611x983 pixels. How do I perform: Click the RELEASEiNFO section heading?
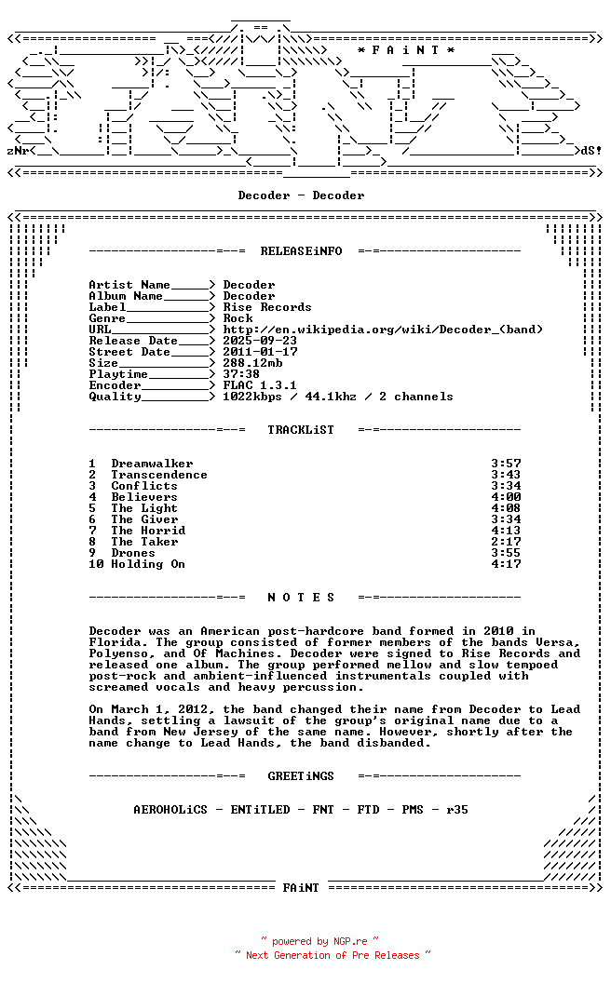tap(301, 251)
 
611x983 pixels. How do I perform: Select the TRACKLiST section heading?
tap(301, 430)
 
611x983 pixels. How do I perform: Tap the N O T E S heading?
tap(301, 598)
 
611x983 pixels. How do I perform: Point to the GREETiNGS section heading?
tap(301, 776)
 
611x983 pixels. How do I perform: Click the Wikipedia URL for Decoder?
tap(383, 330)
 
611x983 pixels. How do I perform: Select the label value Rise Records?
tap(267, 307)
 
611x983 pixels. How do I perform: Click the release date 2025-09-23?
tap(260, 341)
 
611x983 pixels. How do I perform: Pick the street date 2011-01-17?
tap(260, 352)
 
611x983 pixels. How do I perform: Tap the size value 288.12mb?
tap(252, 363)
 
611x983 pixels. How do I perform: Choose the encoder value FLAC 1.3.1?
tap(260, 385)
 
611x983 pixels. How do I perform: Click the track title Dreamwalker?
tap(152, 464)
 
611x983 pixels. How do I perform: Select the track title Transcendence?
tap(159, 475)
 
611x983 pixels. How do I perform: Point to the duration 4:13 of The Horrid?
tap(506, 531)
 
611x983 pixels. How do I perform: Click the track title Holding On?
tap(148, 564)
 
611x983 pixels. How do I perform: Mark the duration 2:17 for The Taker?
tap(506, 542)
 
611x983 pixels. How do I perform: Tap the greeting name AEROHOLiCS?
tap(170, 810)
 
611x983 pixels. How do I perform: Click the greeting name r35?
tap(457, 810)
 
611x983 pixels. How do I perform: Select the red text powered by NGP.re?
tap(319, 941)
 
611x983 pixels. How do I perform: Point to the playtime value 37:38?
tap(241, 374)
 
